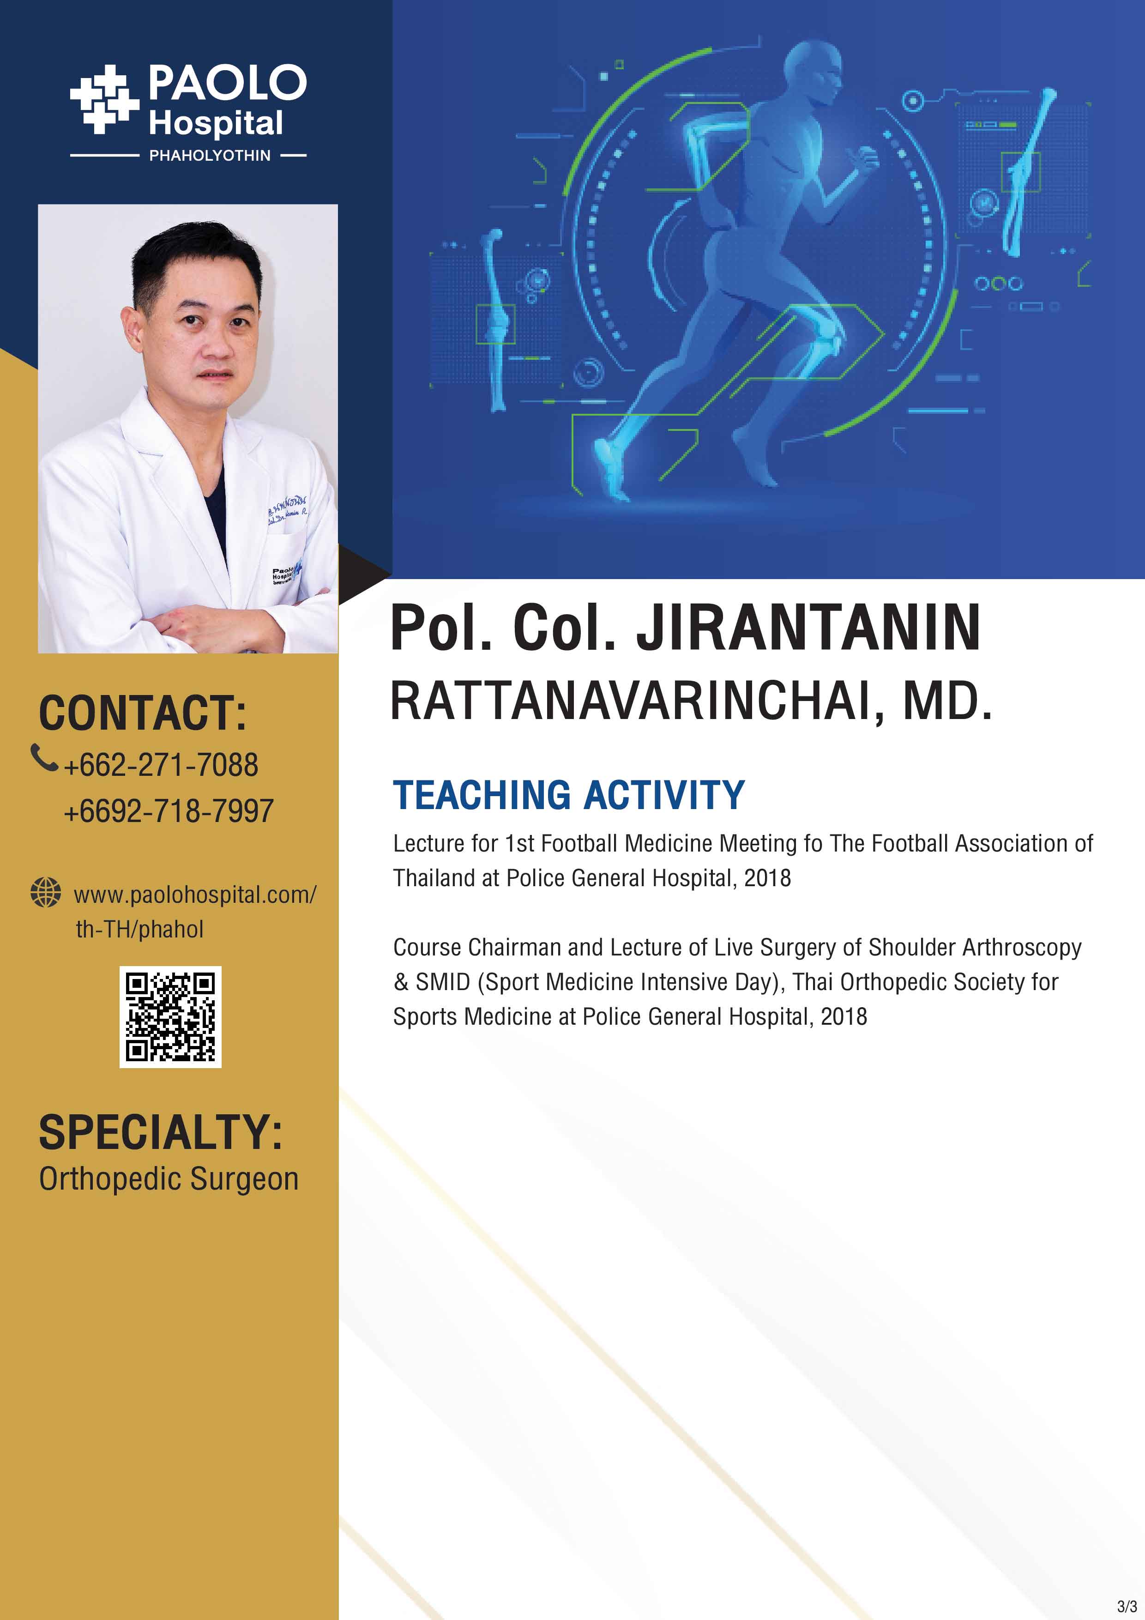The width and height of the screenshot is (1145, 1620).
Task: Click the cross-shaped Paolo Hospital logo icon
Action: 104,99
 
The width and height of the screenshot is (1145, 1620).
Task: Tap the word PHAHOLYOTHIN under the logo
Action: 210,155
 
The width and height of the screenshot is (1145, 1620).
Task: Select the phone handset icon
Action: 44,758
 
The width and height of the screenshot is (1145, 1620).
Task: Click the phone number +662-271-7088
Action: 161,765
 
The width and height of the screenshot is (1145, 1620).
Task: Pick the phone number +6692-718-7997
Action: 169,811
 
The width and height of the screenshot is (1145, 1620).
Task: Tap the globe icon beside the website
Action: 46,893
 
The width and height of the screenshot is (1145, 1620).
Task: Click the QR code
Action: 170,1017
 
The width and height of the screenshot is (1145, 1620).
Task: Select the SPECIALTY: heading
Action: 161,1132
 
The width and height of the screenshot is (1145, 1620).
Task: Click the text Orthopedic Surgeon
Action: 169,1179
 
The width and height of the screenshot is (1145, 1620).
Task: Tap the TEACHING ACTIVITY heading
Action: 569,795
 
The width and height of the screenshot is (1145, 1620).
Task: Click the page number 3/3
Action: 1127,1607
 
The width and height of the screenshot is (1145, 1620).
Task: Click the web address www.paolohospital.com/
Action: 195,895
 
